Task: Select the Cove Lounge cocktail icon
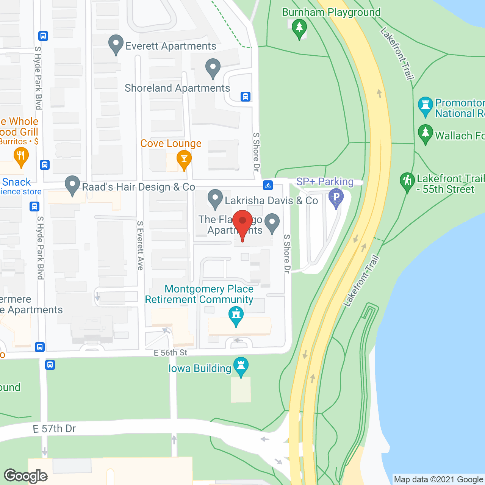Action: coord(184,160)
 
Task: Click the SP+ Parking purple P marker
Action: coord(336,197)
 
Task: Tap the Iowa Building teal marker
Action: coord(241,366)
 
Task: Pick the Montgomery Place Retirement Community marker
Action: coord(236,315)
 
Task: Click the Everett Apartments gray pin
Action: coord(116,44)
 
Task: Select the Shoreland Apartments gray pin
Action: coord(213,67)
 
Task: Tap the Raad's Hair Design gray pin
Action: coord(72,185)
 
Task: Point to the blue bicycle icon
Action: coord(268,185)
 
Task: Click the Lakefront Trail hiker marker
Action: coord(407,181)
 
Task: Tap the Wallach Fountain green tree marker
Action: coord(426,133)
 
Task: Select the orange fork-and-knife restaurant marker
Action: coord(21,156)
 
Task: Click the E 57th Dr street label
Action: coord(54,429)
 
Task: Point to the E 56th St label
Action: coord(171,353)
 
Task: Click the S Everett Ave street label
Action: coord(141,246)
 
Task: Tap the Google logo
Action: coord(26,476)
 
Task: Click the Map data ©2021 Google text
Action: coord(438,480)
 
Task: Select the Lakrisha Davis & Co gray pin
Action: coord(215,198)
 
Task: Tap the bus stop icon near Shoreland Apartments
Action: coord(246,97)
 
